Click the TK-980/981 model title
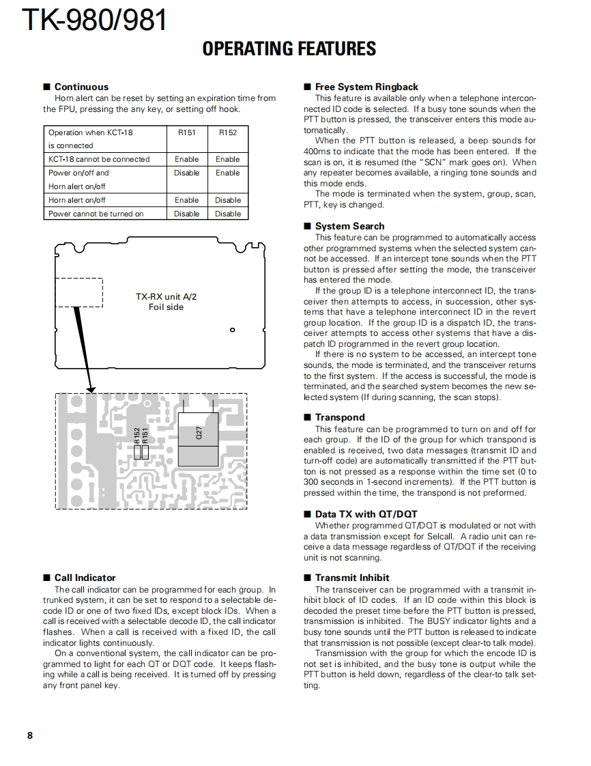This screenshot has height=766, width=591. tap(95, 20)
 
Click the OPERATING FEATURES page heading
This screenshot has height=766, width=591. tap(289, 49)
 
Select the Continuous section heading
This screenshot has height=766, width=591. tap(81, 87)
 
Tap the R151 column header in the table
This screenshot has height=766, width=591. tap(186, 132)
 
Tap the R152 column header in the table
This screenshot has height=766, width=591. tap(228, 132)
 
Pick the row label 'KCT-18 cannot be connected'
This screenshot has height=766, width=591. tap(99, 159)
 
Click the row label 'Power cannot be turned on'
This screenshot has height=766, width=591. tap(96, 214)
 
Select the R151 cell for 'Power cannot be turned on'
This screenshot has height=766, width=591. tap(186, 214)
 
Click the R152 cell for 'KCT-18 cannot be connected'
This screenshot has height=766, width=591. tap(228, 159)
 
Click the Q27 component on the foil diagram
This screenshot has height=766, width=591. tap(198, 432)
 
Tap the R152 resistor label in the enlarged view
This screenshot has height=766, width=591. tap(137, 435)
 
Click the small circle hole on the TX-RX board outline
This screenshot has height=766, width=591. tap(233, 330)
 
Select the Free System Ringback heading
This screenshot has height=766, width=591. tap(366, 87)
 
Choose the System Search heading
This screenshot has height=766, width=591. tap(349, 226)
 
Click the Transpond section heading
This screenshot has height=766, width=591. tap(340, 417)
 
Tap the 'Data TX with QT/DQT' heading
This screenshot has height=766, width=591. tap(366, 514)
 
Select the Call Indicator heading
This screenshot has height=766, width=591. tap(85, 578)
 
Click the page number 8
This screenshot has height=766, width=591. tap(30, 735)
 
